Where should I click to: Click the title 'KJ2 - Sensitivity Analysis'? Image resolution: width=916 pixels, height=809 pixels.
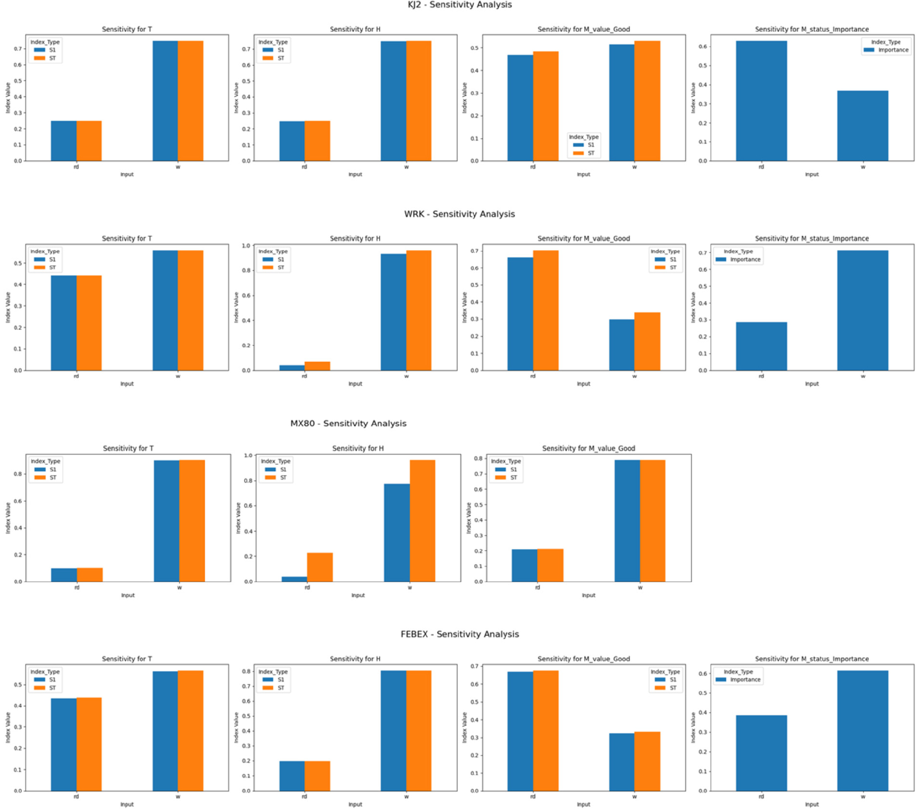click(x=459, y=5)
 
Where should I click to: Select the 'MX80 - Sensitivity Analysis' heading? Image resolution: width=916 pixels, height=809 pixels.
click(x=348, y=423)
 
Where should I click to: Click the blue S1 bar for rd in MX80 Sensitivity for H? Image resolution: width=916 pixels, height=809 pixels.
click(x=294, y=579)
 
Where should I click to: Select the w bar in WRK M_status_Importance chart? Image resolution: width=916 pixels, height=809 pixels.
click(x=862, y=310)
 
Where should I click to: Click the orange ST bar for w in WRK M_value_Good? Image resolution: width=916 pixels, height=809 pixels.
click(x=647, y=341)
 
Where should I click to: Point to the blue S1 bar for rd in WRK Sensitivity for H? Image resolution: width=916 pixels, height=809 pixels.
click(x=292, y=368)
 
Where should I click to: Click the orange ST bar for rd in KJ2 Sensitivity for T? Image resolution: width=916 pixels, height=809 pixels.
click(x=89, y=141)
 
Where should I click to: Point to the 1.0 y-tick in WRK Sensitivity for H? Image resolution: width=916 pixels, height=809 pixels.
click(x=246, y=246)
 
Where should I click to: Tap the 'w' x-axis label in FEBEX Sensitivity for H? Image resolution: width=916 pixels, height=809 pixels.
click(x=406, y=797)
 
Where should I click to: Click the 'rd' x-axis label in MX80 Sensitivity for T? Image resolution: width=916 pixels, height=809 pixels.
click(x=77, y=587)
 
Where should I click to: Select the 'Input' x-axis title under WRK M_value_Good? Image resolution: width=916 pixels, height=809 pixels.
click(x=583, y=384)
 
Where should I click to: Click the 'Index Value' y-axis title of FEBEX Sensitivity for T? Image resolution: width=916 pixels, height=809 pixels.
click(x=8, y=728)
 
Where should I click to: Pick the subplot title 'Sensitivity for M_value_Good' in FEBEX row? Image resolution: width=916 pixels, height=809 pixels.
click(x=583, y=659)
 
